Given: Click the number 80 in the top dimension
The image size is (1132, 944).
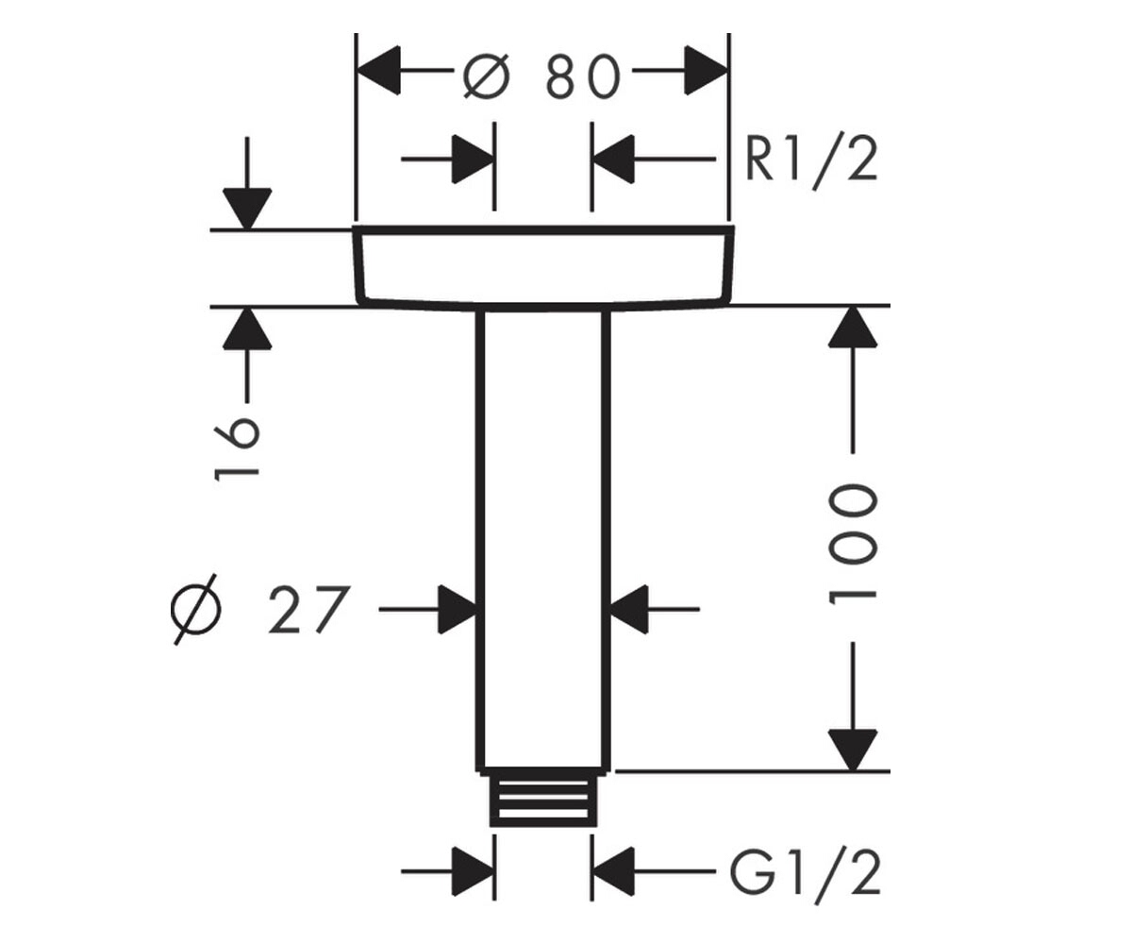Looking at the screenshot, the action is point(583,76).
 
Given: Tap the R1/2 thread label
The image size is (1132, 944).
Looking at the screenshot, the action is point(811,162).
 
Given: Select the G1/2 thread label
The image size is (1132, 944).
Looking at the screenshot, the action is point(805,874).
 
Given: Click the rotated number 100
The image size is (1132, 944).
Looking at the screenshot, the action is point(852,544).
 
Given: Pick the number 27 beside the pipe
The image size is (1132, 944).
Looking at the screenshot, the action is point(308,609).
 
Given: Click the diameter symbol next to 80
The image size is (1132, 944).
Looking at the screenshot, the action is point(487,77).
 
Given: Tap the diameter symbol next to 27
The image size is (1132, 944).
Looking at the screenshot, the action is point(195,609).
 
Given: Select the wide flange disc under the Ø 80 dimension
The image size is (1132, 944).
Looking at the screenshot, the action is point(543,268).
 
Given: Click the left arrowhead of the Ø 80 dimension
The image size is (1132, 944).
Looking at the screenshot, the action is point(379,71).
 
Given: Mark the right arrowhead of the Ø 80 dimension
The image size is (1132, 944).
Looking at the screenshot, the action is point(706,71).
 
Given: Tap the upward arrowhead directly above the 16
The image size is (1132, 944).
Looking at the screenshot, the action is point(247,329).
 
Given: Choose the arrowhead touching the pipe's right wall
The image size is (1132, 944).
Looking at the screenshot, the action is point(629,609).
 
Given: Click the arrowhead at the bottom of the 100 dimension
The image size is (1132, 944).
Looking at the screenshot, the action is point(853,750).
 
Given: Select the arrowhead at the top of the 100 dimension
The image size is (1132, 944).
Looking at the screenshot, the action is point(853,328).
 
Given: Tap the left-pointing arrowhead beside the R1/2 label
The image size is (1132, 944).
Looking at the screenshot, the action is point(614,159).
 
